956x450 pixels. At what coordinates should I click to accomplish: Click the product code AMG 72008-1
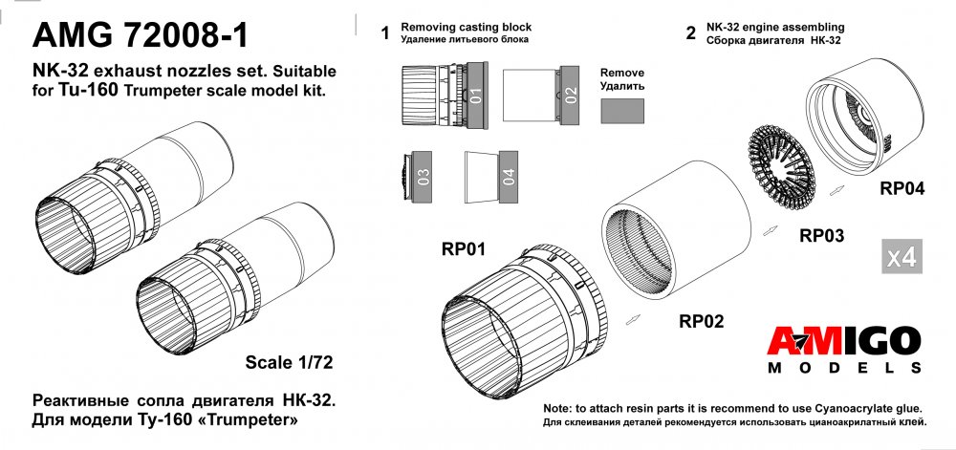point(142,35)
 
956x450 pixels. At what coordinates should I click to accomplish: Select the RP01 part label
point(465,250)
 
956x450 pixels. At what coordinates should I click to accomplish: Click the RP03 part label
point(821,235)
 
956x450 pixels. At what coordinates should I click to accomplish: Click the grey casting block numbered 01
point(476,95)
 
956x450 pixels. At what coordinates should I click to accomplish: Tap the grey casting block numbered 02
point(570,95)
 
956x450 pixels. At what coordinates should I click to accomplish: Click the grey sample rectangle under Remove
point(621,111)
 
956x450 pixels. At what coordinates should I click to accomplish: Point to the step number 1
point(385,34)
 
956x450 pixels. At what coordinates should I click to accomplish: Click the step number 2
point(690,34)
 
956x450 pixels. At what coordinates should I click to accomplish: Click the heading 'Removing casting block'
point(466,27)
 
